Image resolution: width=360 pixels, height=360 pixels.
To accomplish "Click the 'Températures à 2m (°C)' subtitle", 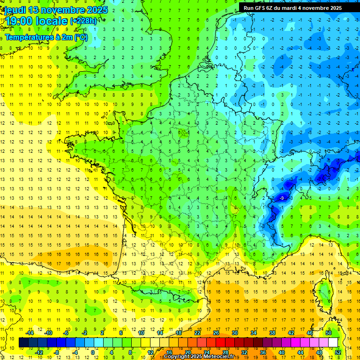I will coord(46,37).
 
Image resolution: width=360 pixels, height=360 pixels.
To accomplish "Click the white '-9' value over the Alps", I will coord(281,198).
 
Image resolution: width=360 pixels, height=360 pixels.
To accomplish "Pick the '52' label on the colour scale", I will coord(338,352).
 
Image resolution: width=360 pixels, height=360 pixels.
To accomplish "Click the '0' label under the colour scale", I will coord(92,352).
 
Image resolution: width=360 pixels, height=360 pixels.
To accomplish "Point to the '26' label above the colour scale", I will coord(216,333).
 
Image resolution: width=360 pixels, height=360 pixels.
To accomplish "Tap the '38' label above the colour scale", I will coord(272,333).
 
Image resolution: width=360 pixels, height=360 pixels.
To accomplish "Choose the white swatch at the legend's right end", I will coord(333,343).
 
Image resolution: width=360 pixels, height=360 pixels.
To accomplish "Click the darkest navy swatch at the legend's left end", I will coord(23,343).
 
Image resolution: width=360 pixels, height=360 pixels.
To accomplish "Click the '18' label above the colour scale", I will coord(179,333).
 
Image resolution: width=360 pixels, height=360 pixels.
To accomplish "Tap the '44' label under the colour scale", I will coord(300,352).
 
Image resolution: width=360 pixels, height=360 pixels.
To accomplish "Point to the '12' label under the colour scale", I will coord(150,352).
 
